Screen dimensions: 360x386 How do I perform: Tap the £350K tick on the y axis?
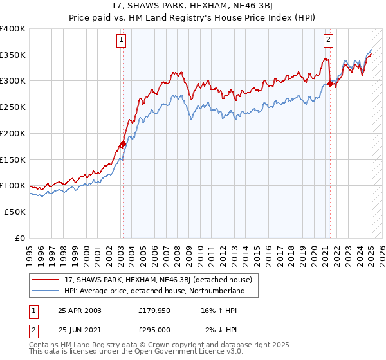click(x=13, y=55)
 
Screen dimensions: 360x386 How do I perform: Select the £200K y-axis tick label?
click(x=13, y=134)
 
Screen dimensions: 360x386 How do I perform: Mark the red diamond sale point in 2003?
click(x=123, y=144)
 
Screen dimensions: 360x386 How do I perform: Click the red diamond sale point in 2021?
click(x=330, y=84)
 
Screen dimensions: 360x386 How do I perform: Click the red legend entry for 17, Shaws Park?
click(x=161, y=280)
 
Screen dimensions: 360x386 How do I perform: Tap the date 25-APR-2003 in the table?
click(x=80, y=310)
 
